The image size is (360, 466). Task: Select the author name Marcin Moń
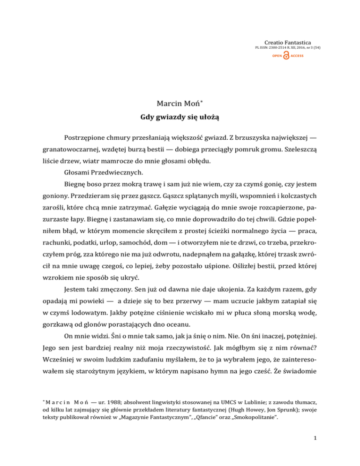(180, 102)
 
